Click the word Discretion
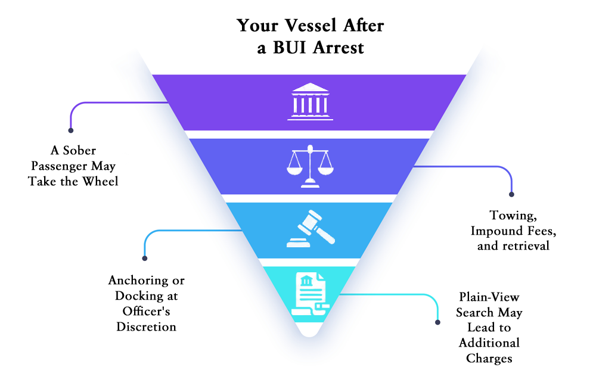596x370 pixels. tap(147, 327)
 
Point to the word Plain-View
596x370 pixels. tap(489, 296)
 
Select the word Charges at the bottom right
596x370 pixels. tap(489, 358)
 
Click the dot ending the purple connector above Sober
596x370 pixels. tap(71, 130)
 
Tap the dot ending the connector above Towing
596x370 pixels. tap(511, 194)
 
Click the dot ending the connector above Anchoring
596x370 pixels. tap(145, 258)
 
